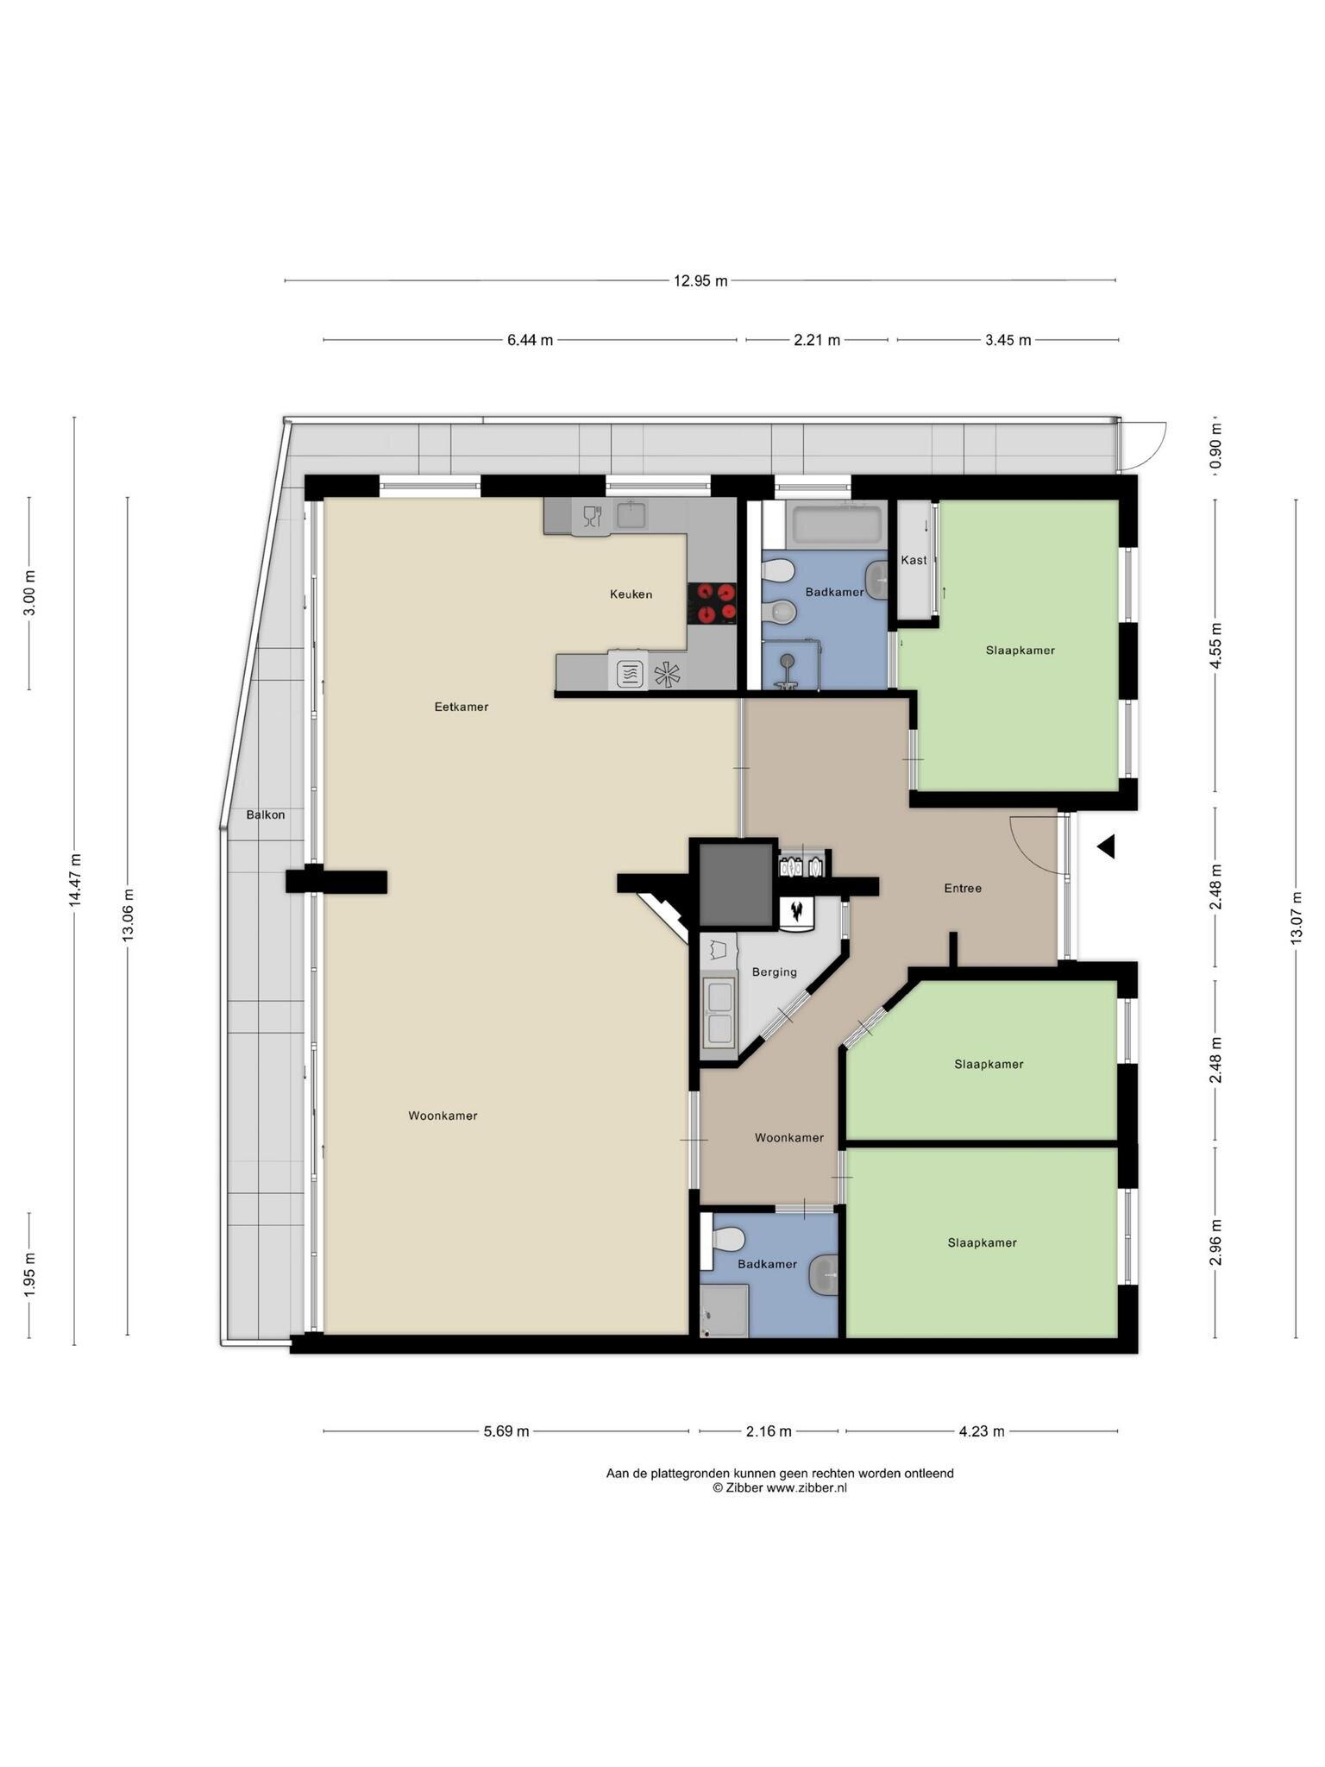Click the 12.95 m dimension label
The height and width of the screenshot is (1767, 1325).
tap(700, 280)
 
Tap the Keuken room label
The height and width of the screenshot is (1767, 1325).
tap(631, 594)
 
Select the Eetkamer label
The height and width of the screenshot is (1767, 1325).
tap(461, 707)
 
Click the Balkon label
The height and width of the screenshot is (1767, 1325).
tap(265, 814)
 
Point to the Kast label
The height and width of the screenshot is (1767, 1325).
tap(914, 560)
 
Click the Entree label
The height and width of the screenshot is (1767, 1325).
tap(963, 888)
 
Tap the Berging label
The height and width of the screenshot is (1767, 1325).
tap(774, 972)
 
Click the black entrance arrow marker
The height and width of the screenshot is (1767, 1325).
tap(1106, 846)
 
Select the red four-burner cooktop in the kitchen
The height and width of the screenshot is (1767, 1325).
tap(712, 603)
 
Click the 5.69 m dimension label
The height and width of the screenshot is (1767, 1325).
tap(506, 1431)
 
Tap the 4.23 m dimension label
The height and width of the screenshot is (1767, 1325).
tap(982, 1431)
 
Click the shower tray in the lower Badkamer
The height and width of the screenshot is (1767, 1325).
tap(724, 1311)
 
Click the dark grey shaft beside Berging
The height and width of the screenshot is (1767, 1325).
tap(735, 884)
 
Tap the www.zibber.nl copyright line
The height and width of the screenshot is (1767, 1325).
tap(780, 1487)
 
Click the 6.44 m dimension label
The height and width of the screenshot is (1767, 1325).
tap(530, 340)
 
